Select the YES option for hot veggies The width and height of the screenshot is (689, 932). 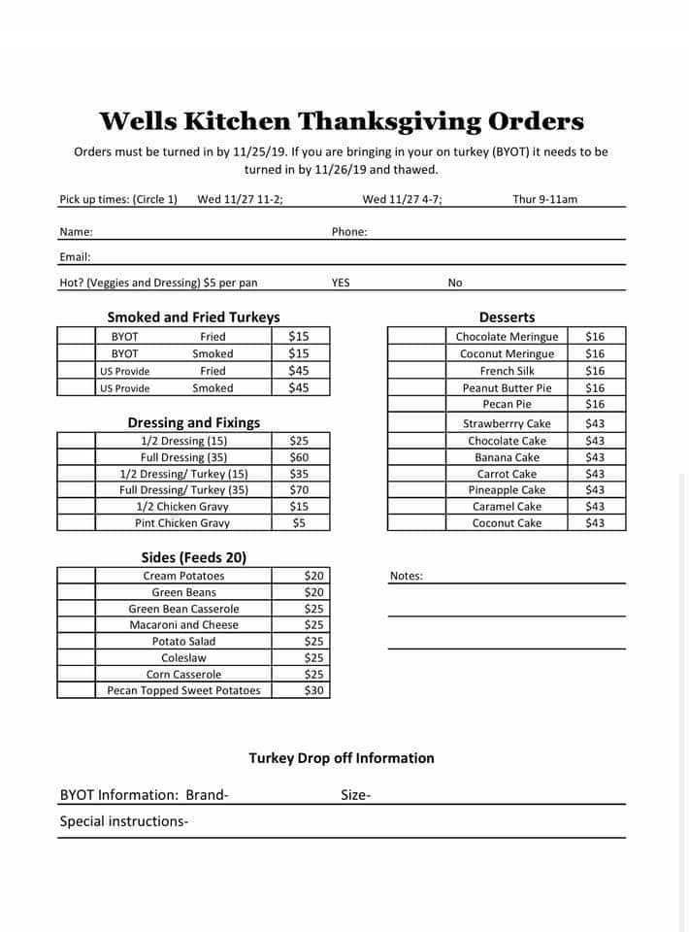341,283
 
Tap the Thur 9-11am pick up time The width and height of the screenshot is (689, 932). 544,199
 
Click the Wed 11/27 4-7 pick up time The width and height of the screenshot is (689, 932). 402,199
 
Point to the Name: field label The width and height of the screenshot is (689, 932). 76,232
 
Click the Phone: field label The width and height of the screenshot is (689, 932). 349,232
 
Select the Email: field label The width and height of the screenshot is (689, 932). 75,257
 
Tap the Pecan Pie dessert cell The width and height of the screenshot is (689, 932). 507,404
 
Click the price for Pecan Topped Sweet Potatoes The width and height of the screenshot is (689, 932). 313,690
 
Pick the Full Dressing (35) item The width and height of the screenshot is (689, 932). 183,457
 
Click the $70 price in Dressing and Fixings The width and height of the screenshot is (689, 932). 299,490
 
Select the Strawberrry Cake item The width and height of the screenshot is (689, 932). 507,424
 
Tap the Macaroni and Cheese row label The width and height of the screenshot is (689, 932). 183,625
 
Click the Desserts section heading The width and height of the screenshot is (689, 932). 507,317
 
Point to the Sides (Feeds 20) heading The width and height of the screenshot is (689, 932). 193,557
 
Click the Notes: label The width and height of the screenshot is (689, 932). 406,576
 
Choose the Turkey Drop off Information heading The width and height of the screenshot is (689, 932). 342,758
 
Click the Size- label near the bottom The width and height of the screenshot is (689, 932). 355,795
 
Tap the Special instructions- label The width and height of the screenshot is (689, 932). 124,821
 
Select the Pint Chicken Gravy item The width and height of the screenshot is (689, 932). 182,523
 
